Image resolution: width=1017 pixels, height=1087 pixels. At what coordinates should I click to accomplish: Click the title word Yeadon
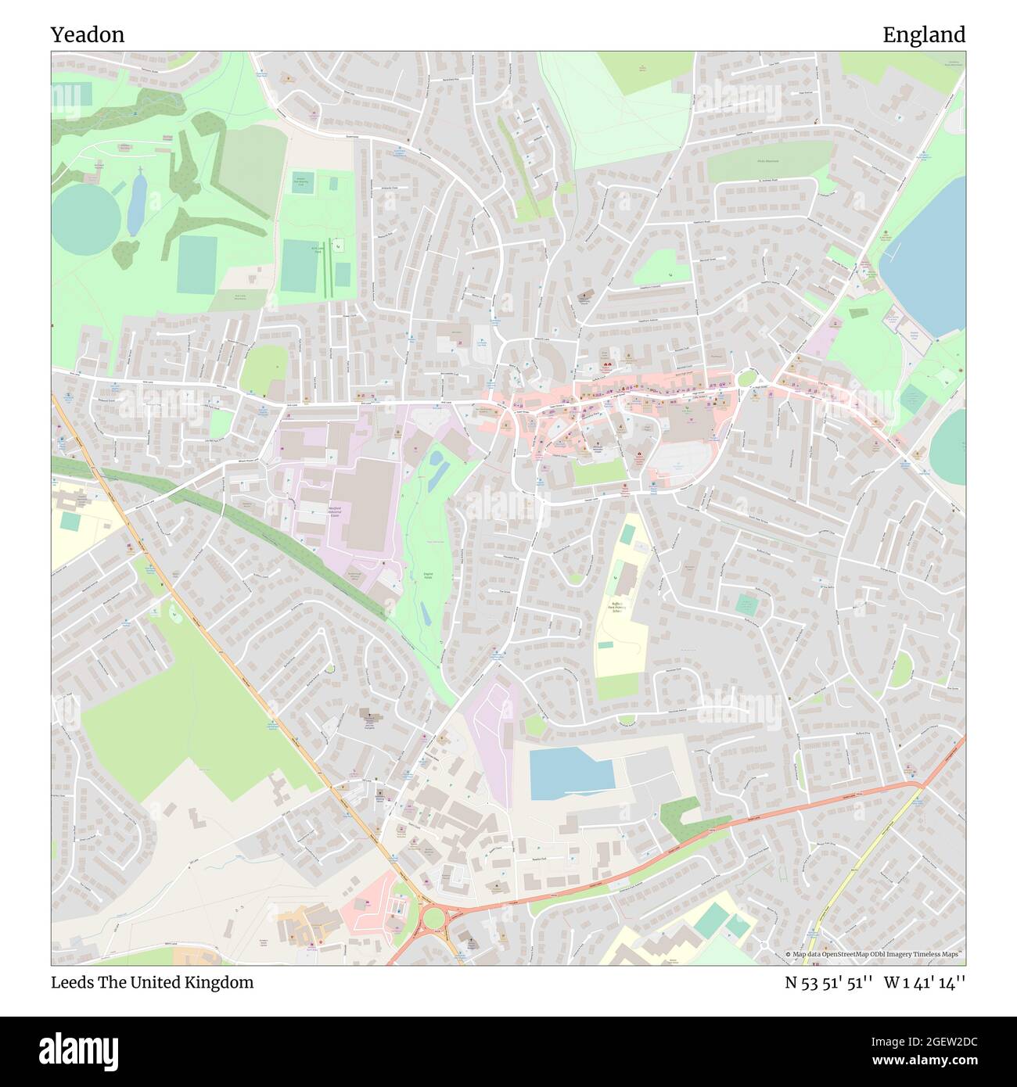88,35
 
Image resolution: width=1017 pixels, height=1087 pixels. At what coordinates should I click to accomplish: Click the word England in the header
923,35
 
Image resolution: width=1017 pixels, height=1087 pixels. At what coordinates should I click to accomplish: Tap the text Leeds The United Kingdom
152,982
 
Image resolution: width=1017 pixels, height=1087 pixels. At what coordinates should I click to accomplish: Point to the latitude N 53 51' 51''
828,982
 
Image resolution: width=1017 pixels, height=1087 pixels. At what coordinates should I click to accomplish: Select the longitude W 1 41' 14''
925,982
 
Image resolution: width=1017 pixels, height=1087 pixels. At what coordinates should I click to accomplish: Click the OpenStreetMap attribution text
875,954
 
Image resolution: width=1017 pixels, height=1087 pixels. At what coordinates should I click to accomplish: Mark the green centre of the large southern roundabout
431,917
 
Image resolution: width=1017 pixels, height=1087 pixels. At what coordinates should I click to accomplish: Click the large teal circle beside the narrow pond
86,219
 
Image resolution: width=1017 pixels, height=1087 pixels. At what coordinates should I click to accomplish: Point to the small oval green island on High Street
746,379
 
